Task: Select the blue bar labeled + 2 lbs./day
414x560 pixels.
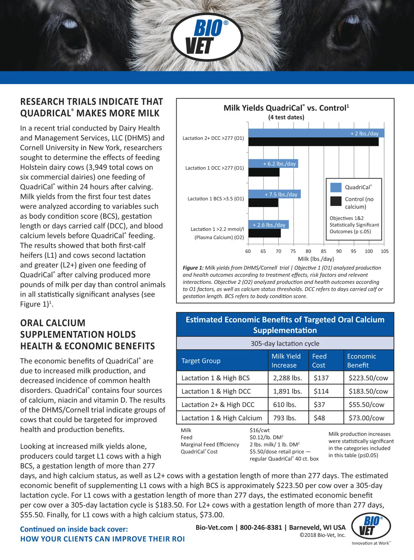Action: click(316, 133)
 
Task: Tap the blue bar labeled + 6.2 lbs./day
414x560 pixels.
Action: click(273, 163)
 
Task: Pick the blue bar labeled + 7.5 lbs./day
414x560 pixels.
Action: click(274, 194)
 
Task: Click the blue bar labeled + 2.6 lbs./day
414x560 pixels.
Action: click(268, 225)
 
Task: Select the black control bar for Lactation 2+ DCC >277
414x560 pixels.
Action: click(313, 142)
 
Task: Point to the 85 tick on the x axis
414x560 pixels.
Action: click(324, 251)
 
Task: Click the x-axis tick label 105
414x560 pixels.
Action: click(385, 251)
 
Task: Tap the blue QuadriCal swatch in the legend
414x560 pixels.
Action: click(336, 187)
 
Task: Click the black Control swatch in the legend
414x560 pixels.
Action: click(336, 201)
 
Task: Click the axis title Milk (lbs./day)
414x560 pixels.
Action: click(316, 259)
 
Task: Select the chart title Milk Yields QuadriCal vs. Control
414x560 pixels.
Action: click(286, 108)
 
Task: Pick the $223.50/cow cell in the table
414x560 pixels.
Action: click(368, 378)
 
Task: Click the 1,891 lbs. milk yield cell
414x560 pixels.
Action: click(287, 391)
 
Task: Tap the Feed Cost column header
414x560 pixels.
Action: click(319, 360)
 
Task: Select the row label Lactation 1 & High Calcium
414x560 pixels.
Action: click(221, 418)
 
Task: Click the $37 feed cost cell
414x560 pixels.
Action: click(319, 405)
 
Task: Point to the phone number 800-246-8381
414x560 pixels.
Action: click(261, 527)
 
